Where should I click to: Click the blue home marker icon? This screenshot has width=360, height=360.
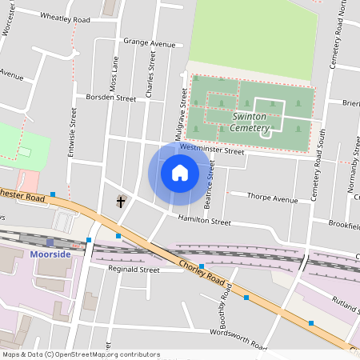(x=180, y=172)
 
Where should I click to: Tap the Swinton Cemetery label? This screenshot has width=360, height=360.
(x=260, y=122)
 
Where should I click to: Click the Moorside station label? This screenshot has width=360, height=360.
(x=50, y=254)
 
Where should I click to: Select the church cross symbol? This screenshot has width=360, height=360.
(x=122, y=201)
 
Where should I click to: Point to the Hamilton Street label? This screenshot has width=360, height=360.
(x=204, y=220)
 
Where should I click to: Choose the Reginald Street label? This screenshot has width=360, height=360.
(x=134, y=270)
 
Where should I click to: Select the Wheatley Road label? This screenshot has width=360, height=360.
(x=64, y=18)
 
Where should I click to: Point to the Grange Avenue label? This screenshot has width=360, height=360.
(x=149, y=44)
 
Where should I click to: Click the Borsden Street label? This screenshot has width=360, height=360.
(x=111, y=98)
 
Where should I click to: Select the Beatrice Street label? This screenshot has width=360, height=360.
(x=210, y=186)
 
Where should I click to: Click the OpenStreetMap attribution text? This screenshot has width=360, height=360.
(x=81, y=354)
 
